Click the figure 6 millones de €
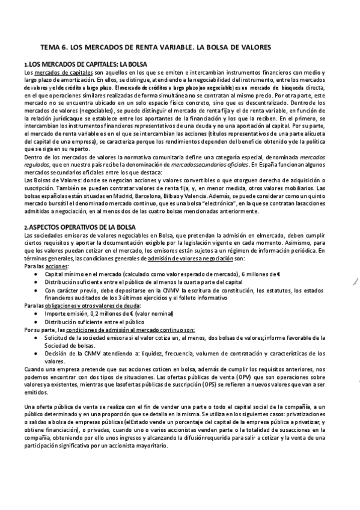pyautogui.click(x=264, y=274)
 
